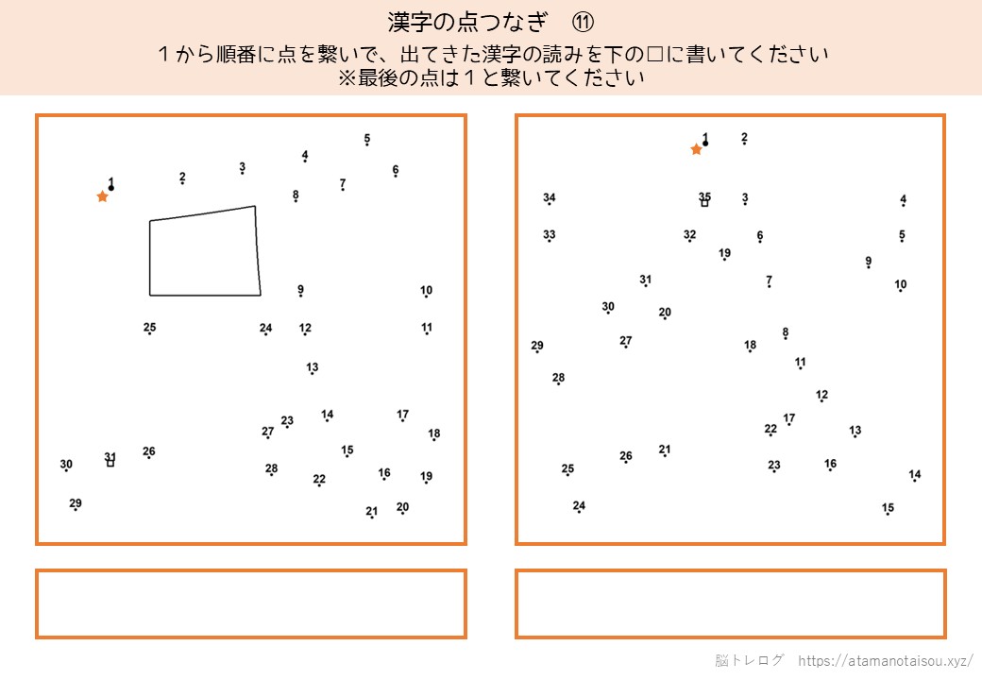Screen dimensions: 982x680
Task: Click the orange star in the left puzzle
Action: click(103, 196)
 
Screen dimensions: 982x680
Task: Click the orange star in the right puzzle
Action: click(697, 149)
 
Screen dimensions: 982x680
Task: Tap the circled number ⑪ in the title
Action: click(583, 23)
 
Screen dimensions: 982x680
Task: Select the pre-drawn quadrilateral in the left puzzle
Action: click(150, 257)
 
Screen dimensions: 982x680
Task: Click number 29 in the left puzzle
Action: click(76, 502)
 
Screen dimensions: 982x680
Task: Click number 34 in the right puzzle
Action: click(550, 197)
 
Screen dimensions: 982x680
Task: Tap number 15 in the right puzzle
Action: click(889, 507)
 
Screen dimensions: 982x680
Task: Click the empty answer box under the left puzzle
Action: click(251, 603)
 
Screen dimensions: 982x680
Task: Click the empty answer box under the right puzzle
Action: click(730, 603)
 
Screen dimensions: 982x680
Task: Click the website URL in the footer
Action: click(886, 660)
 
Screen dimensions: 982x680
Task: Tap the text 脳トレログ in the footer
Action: click(749, 660)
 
